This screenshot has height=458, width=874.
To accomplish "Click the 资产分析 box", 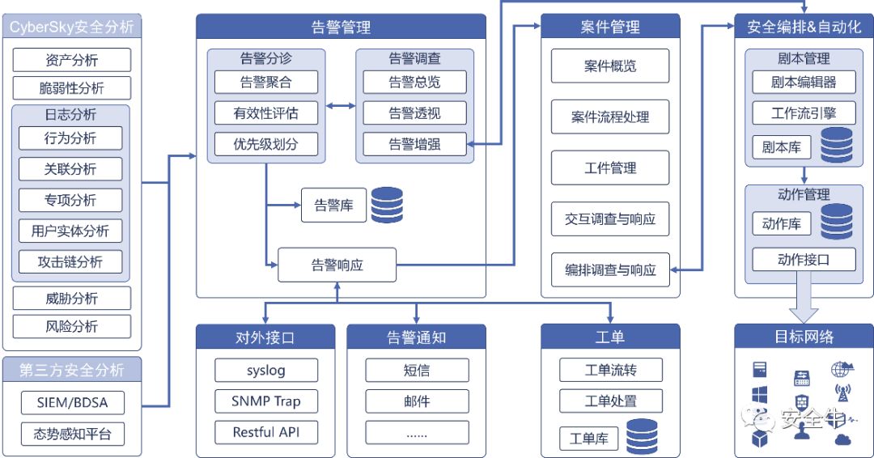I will point(72,59).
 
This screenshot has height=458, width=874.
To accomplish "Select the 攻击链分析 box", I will point(72,261).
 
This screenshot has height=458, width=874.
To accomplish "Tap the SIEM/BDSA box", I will point(72,402).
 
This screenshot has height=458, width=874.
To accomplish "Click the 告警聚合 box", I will point(266,82).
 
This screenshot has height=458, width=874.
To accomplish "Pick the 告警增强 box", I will point(414,144).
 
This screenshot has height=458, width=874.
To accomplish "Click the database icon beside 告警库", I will point(387,205).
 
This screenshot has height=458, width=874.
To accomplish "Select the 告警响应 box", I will point(337,265).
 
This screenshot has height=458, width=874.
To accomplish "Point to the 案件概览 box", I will point(610,66).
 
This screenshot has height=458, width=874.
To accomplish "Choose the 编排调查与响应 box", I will point(610,269).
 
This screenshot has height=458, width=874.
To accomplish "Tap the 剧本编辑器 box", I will point(804,82).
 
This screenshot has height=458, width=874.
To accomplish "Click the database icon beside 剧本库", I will point(837,146).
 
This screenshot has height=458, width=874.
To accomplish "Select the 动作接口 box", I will point(804,260).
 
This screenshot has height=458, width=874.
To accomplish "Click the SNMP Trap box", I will point(265,401).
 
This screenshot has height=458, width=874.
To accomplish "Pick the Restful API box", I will point(265,432).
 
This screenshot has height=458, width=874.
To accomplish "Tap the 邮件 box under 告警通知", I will point(416,401).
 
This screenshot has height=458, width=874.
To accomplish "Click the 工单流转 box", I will point(610,371).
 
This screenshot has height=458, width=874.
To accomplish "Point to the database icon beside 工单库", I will point(642,437).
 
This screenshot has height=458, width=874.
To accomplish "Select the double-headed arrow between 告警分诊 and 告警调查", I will point(341,105).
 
